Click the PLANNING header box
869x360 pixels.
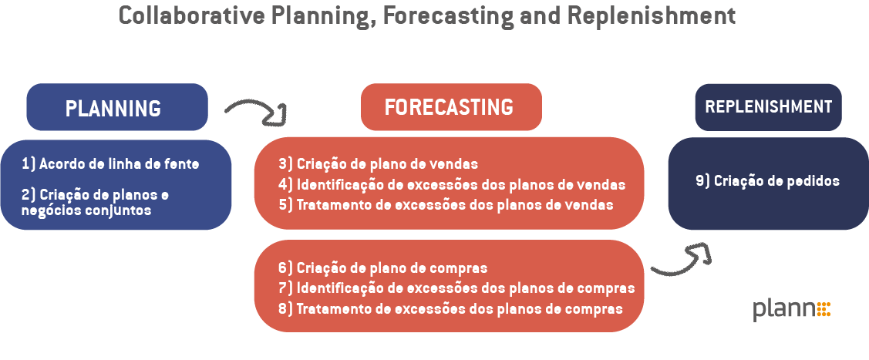pyautogui.click(x=117, y=107)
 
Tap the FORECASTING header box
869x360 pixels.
pyautogui.click(x=451, y=107)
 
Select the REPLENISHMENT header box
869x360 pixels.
pyautogui.click(x=768, y=107)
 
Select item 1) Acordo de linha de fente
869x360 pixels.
pyautogui.click(x=110, y=163)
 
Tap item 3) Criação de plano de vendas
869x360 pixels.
pyautogui.click(x=378, y=164)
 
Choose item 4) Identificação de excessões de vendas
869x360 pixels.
pyautogui.click(x=451, y=185)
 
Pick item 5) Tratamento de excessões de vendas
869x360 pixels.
pyautogui.click(x=445, y=205)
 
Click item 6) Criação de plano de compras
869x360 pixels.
pyautogui.click(x=382, y=268)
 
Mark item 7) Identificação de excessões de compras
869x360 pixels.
pyautogui.click(x=456, y=288)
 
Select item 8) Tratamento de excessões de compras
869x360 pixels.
pyautogui.click(x=450, y=309)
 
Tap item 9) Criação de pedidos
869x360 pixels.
pyautogui.click(x=766, y=181)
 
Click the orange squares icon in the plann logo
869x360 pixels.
pyautogui.click(x=823, y=308)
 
